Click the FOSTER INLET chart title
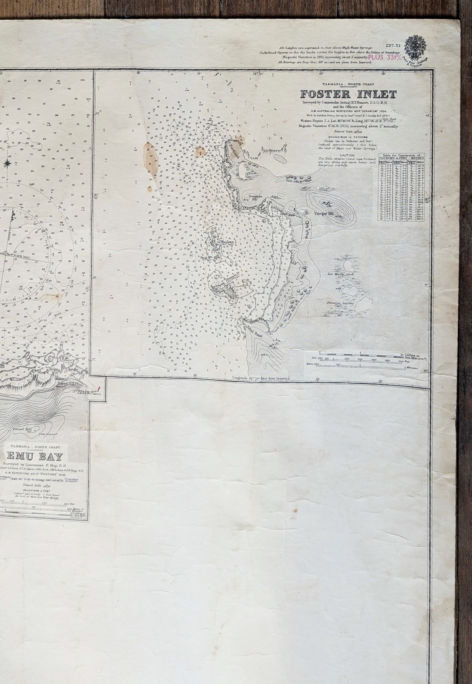pos(349,94)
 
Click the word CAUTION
pos(347,156)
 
